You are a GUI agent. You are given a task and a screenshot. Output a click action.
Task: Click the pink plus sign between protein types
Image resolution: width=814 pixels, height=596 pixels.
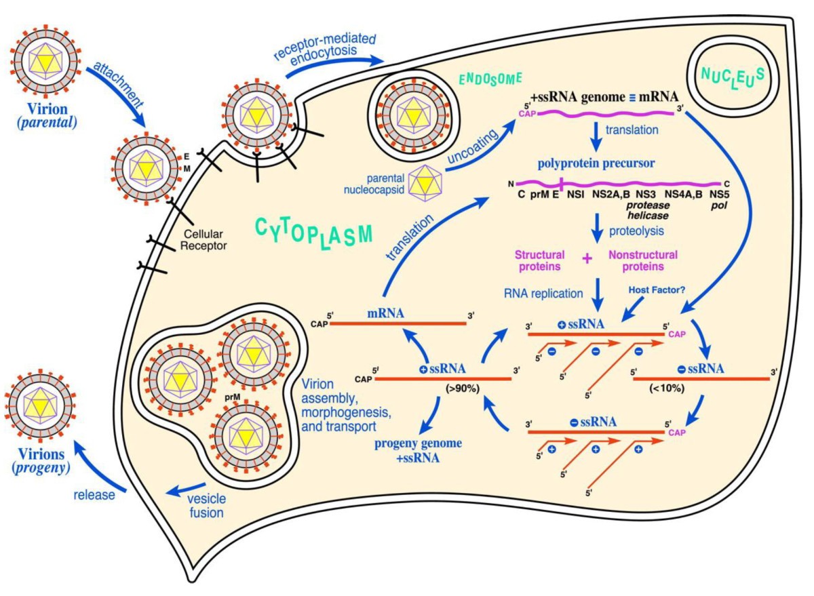click(x=587, y=258)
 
